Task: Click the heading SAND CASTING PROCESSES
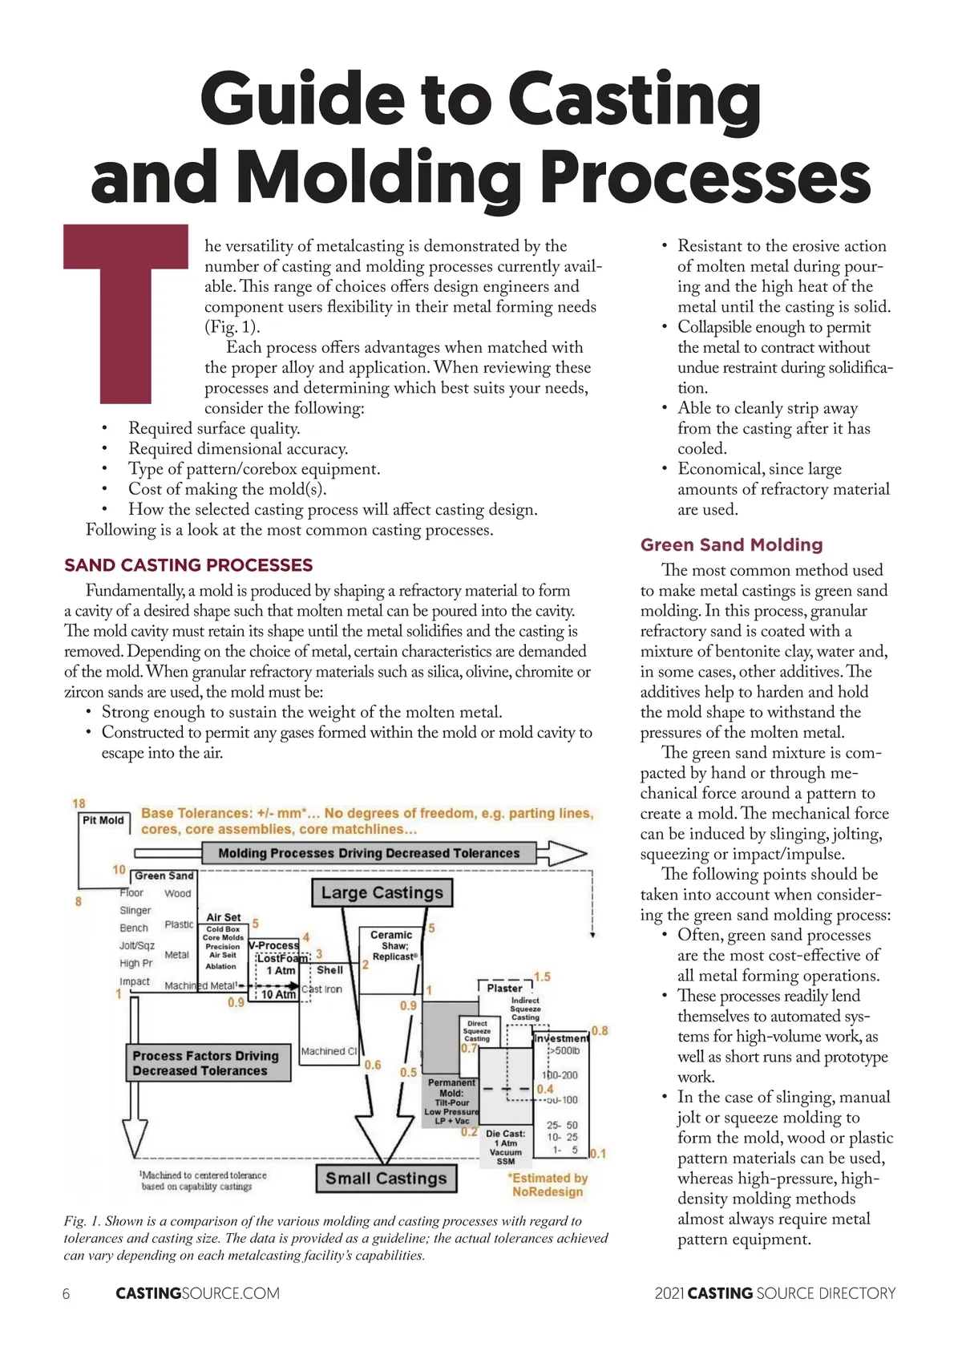point(188,565)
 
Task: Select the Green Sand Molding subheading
point(731,545)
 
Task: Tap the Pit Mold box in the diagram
point(103,820)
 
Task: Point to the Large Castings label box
point(382,892)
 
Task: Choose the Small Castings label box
point(386,1179)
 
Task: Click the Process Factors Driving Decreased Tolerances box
point(206,1063)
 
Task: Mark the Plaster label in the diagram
point(504,988)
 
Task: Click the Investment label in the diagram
point(561,1038)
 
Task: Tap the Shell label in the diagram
point(329,969)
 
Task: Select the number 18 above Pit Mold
point(79,803)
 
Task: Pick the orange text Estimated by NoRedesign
point(548,1185)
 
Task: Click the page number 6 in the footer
point(66,1293)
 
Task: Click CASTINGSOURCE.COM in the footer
point(198,1293)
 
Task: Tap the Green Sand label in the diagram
point(164,876)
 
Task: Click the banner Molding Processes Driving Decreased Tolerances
point(369,853)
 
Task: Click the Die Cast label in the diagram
point(506,1134)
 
